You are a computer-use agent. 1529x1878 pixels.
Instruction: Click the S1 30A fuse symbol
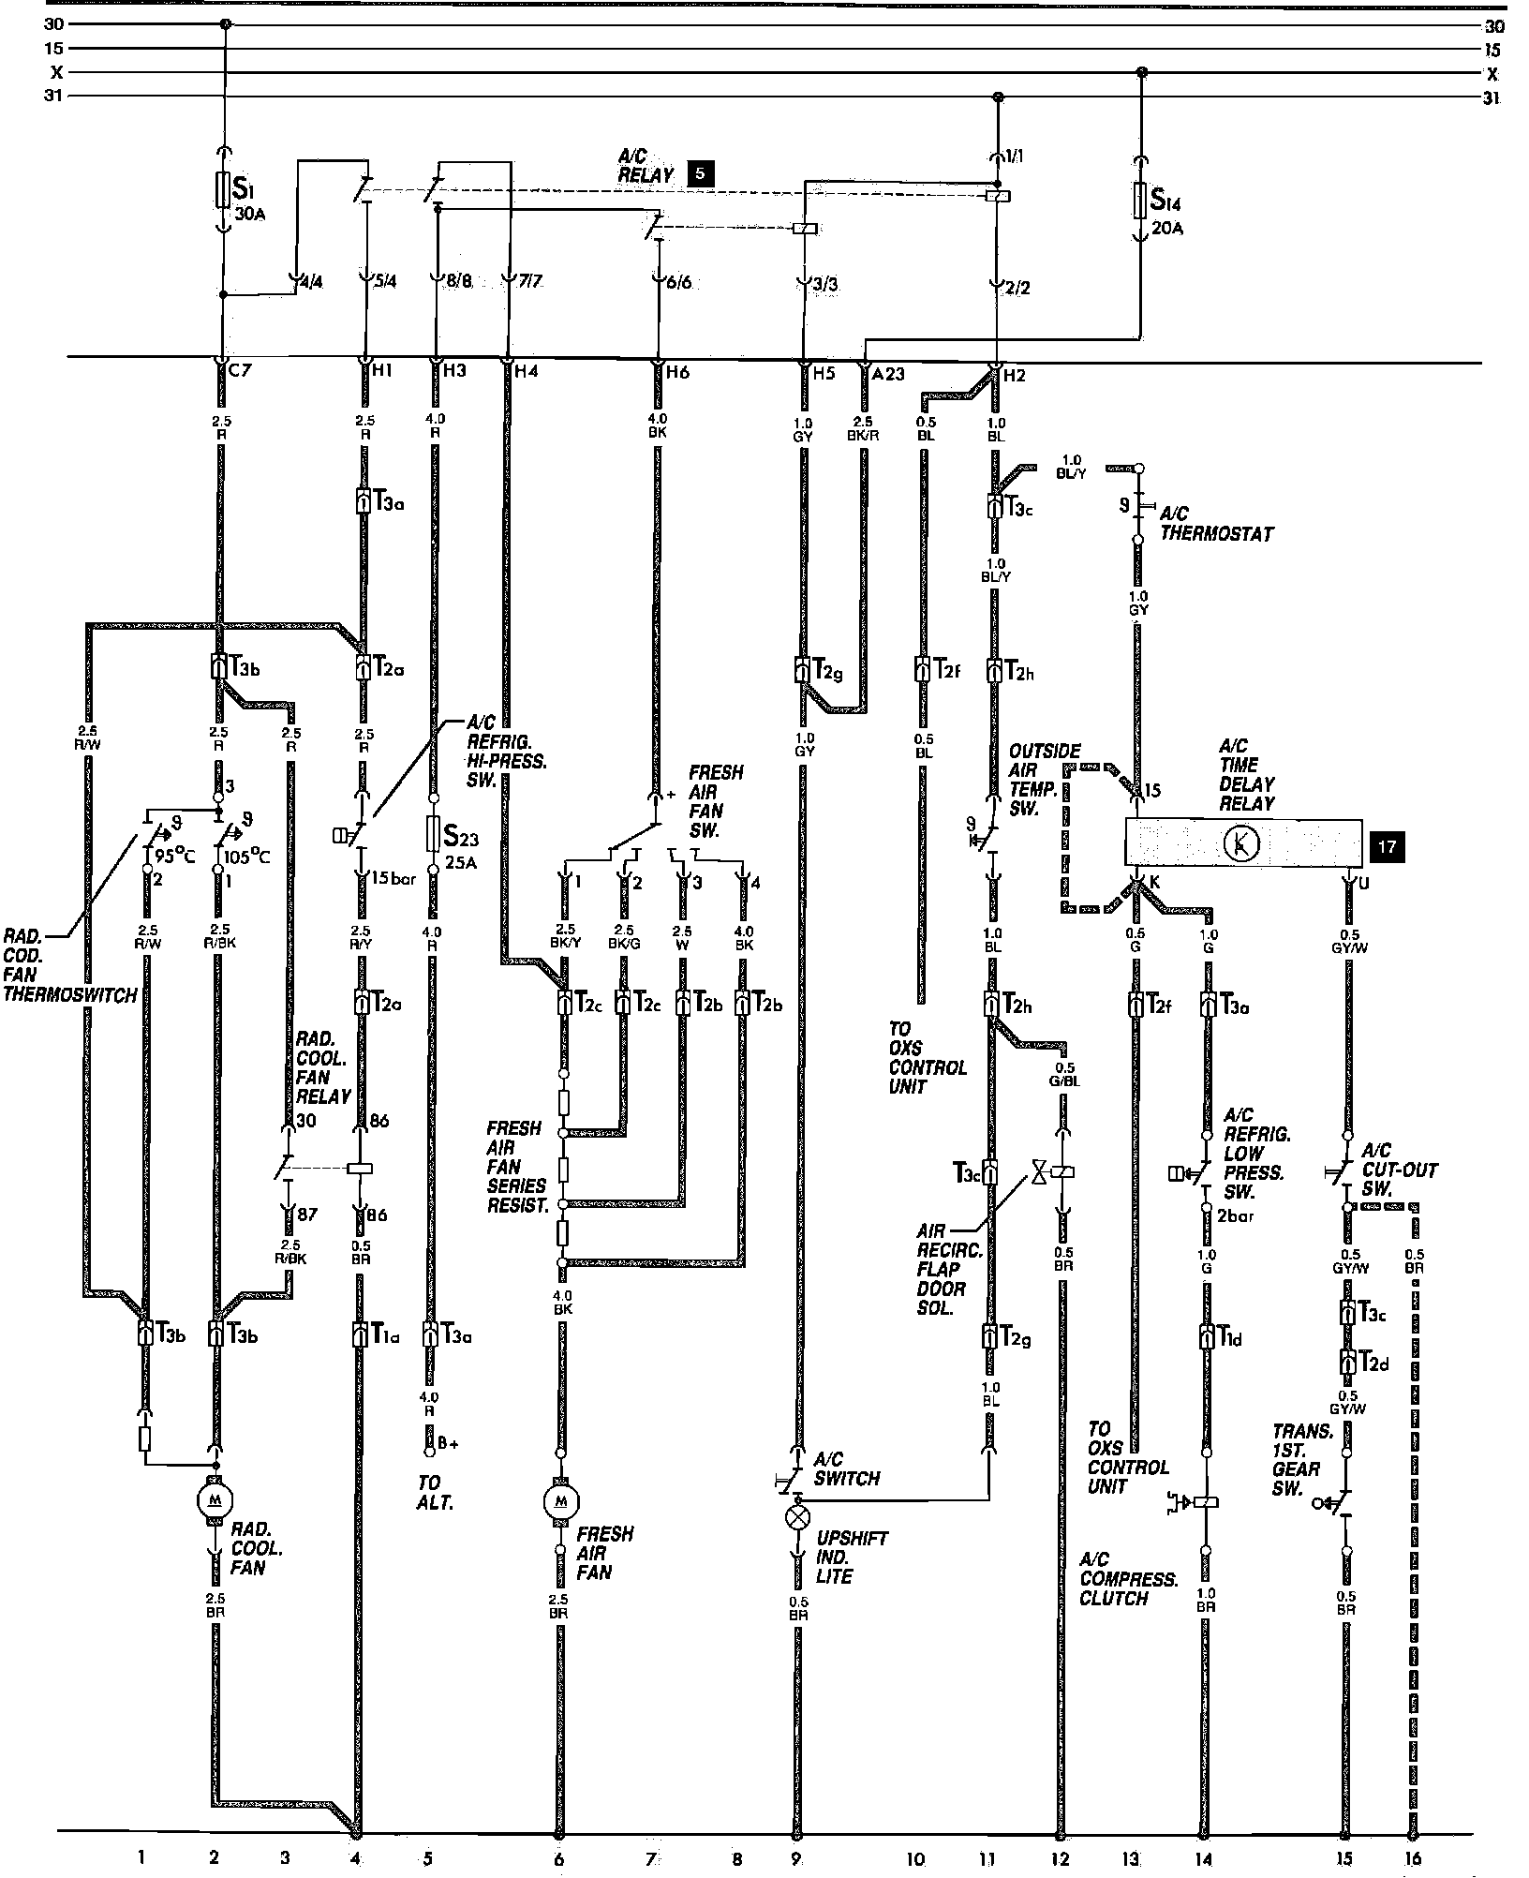[223, 190]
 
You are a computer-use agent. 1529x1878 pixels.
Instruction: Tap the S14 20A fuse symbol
[1140, 200]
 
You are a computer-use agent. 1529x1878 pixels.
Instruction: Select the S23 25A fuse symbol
[433, 832]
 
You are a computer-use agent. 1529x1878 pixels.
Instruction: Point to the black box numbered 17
[1387, 846]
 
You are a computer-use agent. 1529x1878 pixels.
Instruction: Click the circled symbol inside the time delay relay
[1242, 844]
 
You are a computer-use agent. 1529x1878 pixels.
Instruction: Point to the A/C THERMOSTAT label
[1216, 524]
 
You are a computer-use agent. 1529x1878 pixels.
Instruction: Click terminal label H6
[676, 372]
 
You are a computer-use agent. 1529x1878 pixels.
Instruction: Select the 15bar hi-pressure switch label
[393, 879]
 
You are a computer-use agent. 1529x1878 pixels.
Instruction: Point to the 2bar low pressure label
[1234, 1216]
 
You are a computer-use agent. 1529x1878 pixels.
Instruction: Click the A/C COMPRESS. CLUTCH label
[1127, 1578]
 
